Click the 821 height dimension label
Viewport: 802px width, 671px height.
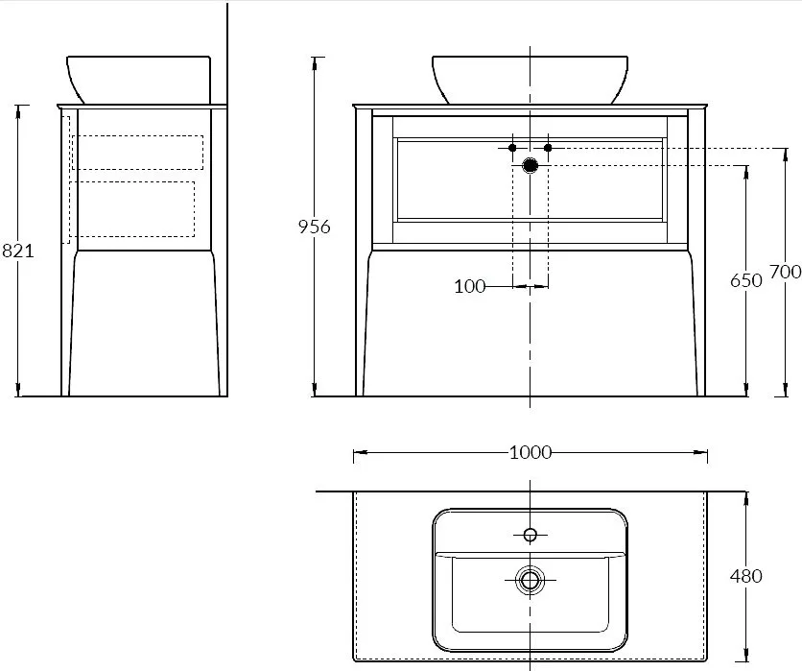click(18, 251)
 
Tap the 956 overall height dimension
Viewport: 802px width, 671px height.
click(315, 227)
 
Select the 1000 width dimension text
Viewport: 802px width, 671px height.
click(531, 452)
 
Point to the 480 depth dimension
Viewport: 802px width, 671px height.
click(745, 576)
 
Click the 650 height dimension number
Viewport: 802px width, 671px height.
click(745, 280)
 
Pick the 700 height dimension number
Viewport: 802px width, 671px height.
click(785, 272)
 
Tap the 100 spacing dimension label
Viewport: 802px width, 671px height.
click(469, 286)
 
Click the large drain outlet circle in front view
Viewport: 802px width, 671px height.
click(531, 165)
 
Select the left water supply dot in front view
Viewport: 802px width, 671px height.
click(512, 148)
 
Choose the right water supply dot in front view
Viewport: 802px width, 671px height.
click(549, 148)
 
